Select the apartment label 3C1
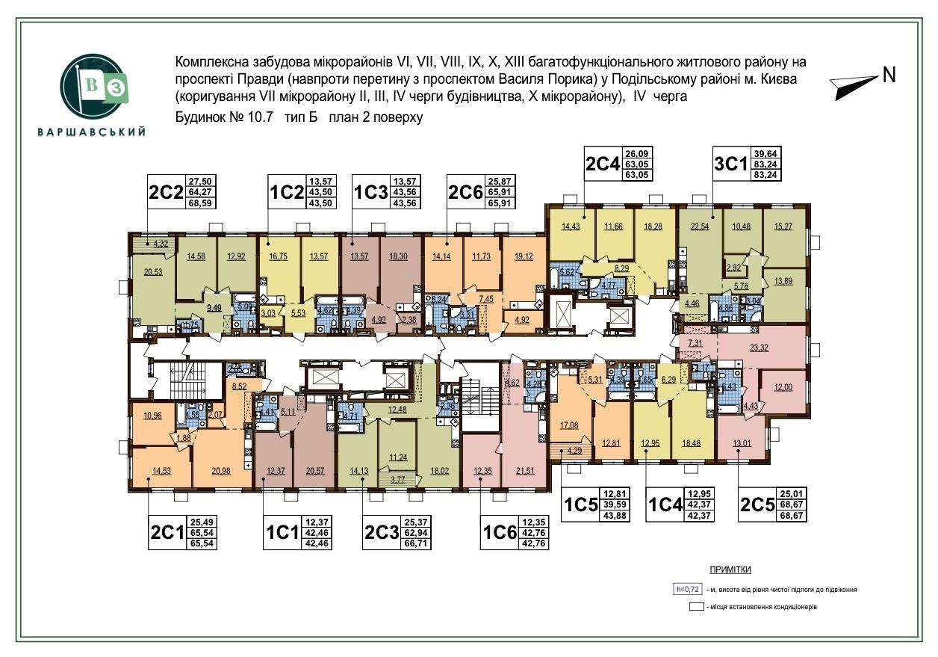point(732,163)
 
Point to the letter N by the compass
point(889,75)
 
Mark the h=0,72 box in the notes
point(686,589)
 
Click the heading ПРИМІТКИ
point(731,570)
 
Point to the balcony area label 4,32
point(161,244)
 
